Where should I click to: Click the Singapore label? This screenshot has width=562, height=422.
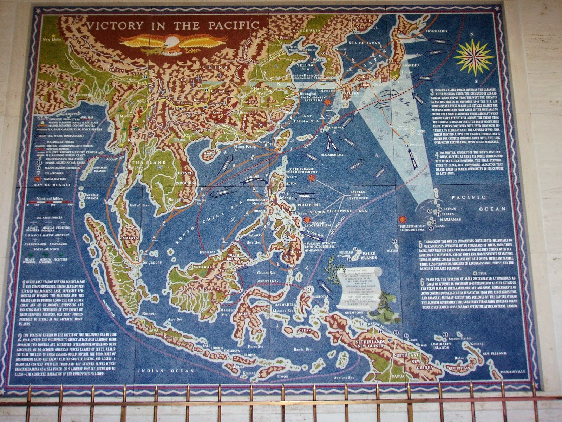tap(151, 262)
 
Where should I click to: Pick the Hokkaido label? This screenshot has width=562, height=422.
tap(437, 31)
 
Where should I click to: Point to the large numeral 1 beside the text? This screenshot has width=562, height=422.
tap(23, 283)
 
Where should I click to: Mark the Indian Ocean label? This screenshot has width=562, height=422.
tap(166, 371)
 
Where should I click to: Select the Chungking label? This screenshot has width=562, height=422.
tap(221, 91)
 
